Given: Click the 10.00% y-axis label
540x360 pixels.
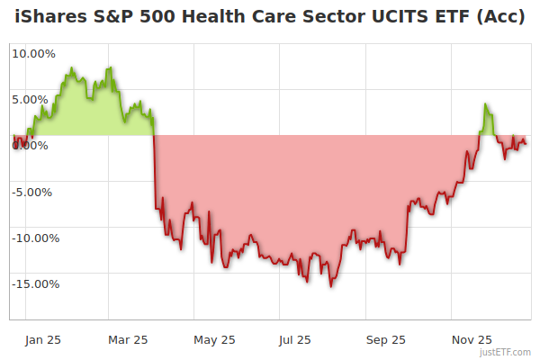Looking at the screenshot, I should coord(33,53).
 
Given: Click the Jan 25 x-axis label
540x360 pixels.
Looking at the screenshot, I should coord(42,339).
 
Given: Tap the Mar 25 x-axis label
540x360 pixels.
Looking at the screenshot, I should coord(127,339).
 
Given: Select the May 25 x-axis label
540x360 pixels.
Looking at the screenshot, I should coord(214,339).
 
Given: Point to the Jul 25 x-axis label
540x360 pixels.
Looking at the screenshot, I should coord(294,339).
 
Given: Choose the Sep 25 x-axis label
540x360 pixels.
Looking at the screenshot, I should coord(386,339).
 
